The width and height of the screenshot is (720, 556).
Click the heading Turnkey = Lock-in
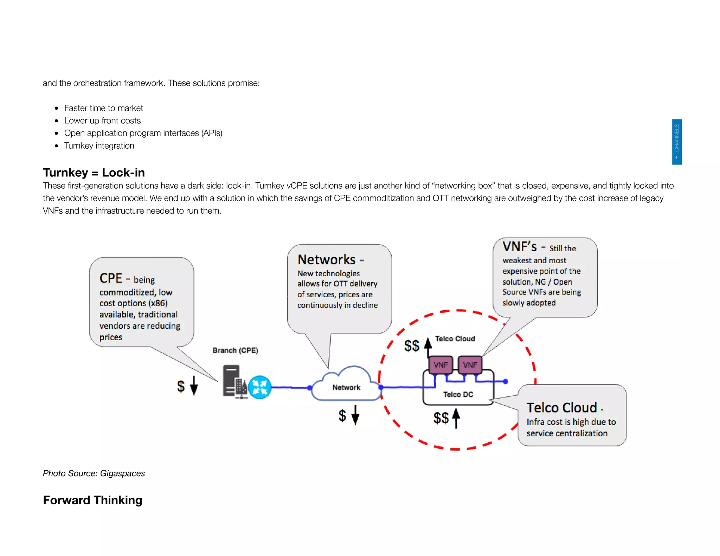(94, 173)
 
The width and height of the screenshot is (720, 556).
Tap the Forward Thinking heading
(92, 500)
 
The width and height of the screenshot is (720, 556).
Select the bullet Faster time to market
(103, 108)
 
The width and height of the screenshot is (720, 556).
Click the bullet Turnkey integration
(99, 146)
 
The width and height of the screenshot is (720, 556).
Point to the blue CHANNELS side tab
(676, 142)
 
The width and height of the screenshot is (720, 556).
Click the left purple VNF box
(441, 365)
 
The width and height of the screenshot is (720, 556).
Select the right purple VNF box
(470, 365)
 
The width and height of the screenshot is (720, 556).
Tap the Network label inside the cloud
(346, 387)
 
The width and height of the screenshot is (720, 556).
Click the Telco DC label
(458, 394)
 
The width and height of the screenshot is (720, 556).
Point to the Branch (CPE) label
(235, 350)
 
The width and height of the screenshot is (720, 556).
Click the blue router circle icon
(260, 387)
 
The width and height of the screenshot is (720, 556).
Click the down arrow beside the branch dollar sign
(194, 386)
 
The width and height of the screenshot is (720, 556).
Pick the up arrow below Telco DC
(456, 418)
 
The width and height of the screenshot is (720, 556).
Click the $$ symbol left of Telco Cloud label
(412, 346)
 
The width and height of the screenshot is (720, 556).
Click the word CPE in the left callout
(111, 278)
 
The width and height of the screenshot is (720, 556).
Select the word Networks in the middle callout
(327, 260)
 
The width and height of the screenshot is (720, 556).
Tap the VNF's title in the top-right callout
(520, 247)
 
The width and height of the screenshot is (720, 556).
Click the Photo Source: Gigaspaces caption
(94, 473)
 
